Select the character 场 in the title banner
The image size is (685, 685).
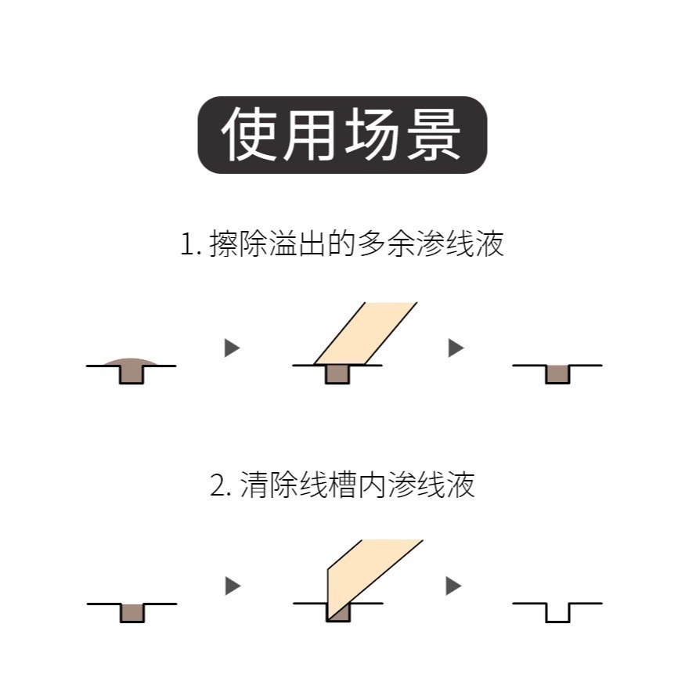[x=372, y=135]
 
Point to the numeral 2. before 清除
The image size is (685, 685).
[x=221, y=485]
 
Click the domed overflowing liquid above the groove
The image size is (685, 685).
[x=132, y=362]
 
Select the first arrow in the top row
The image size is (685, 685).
[x=232, y=348]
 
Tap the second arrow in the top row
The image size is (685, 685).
[x=456, y=348]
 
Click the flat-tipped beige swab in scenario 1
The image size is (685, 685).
[x=365, y=333]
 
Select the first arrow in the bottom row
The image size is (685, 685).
[x=232, y=586]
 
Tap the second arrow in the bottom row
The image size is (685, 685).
[x=453, y=586]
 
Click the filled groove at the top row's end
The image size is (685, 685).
[x=557, y=374]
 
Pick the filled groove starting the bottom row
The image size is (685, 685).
[x=132, y=612]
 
